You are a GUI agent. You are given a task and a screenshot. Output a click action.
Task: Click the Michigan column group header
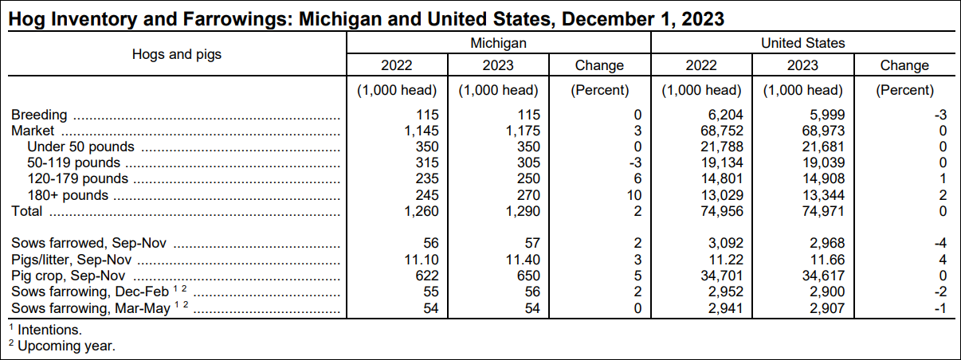point(498,43)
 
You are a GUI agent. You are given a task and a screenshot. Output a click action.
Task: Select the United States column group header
point(803,43)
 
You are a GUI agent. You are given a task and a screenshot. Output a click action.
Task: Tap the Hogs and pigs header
point(177,54)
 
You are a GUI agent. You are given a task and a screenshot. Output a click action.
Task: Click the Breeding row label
point(38,115)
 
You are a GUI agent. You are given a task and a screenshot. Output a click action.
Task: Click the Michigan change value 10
point(633,195)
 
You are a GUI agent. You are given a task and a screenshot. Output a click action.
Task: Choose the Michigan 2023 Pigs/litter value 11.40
point(520,260)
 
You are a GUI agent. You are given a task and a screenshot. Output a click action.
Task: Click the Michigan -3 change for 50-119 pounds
point(633,163)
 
